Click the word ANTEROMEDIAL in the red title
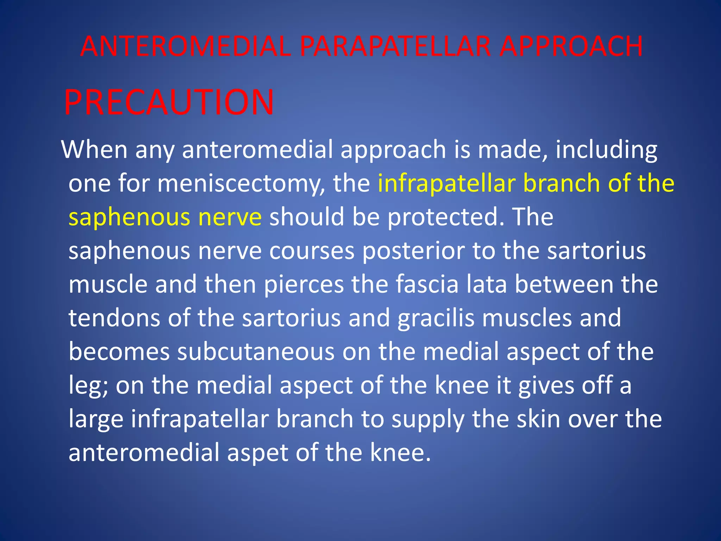(186, 46)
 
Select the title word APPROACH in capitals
(571, 46)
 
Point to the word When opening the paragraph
(94, 150)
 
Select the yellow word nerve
(230, 217)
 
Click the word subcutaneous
(256, 352)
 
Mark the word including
(606, 150)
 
